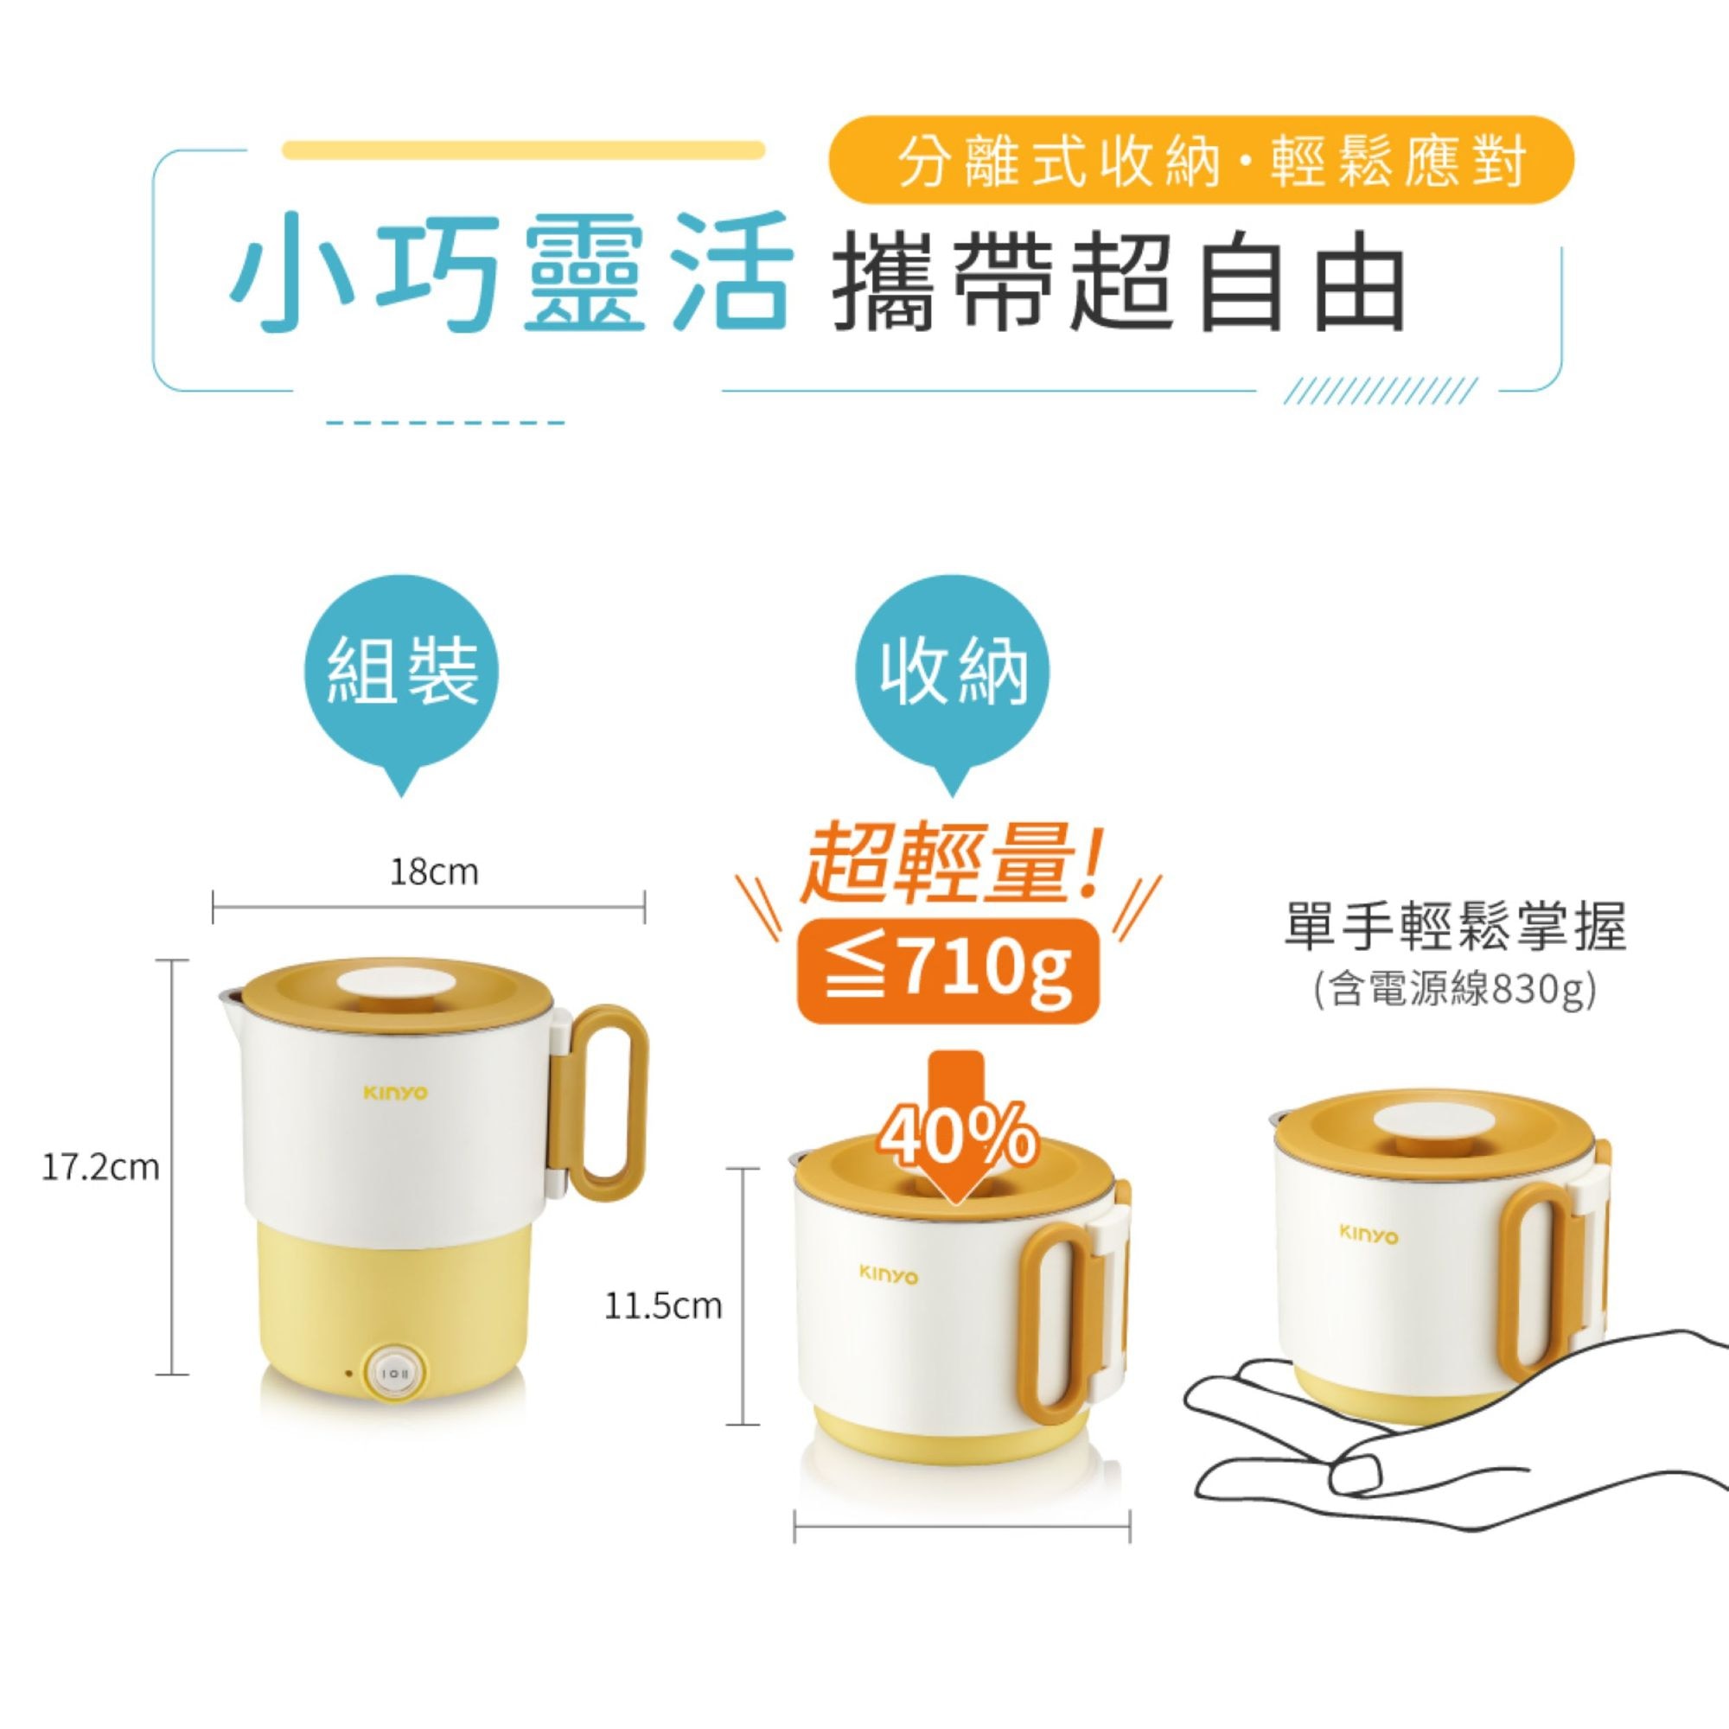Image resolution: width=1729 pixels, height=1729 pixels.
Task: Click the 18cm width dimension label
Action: pos(434,871)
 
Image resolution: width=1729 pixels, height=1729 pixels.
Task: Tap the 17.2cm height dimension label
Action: pos(101,1167)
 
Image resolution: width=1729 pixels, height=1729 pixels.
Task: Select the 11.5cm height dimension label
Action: pos(663,1305)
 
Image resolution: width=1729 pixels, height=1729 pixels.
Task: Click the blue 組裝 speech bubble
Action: pos(403,671)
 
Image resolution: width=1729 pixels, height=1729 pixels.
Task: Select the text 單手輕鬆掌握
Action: pos(1454,928)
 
